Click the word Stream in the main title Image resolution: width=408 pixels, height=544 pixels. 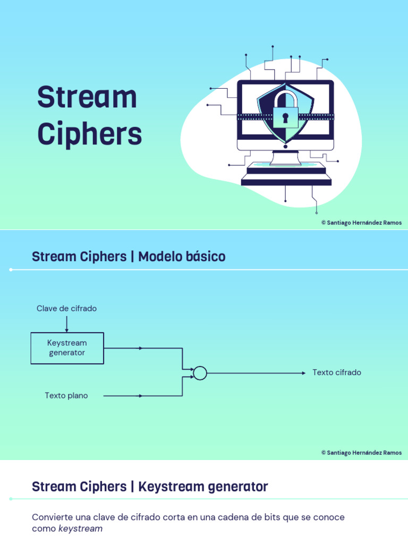click(x=87, y=98)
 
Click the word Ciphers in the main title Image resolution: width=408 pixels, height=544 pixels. click(x=89, y=134)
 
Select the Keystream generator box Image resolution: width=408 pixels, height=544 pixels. click(x=67, y=348)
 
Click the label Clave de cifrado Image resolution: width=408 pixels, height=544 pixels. click(x=66, y=309)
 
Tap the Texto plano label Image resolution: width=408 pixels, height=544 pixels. click(x=66, y=396)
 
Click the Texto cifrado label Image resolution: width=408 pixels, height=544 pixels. click(x=337, y=372)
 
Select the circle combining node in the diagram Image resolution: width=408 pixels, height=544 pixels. click(x=200, y=373)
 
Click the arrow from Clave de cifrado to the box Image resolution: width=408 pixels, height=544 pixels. click(x=66, y=324)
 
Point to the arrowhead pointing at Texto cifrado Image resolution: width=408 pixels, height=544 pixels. click(x=303, y=373)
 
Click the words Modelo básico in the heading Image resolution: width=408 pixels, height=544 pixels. click(x=182, y=257)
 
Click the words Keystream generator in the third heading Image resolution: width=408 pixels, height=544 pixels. click(x=203, y=487)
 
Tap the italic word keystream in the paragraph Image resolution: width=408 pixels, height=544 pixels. click(x=80, y=529)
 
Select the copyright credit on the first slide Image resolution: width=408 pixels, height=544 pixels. click(x=361, y=223)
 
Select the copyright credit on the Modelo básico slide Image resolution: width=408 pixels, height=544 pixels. click(x=361, y=453)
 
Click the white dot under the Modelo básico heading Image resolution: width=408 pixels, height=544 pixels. click(x=11, y=270)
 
